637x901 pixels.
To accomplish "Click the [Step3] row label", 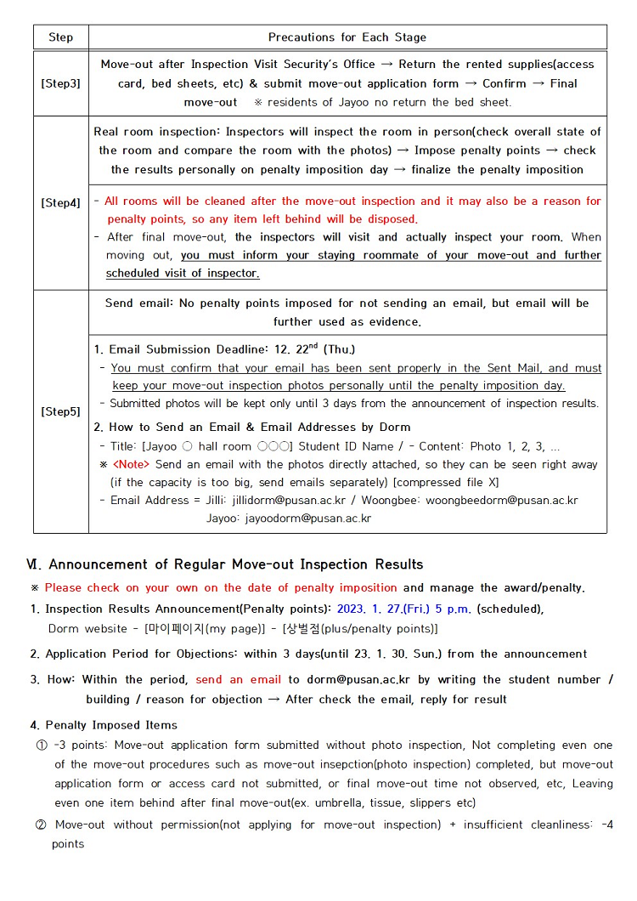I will (x=60, y=83).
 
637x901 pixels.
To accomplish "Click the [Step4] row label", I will (x=60, y=203).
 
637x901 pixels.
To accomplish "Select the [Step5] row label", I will (x=60, y=411).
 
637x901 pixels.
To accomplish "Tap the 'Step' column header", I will (x=60, y=37).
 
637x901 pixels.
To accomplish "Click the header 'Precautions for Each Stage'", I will (x=347, y=37).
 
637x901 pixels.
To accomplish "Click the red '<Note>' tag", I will (x=131, y=465).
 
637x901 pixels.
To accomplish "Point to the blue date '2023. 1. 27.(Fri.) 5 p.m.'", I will (x=404, y=609).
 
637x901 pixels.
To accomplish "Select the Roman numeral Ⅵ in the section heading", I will (x=34, y=564).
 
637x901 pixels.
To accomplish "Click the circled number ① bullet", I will (x=42, y=745).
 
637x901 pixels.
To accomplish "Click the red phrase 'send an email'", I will (x=239, y=680).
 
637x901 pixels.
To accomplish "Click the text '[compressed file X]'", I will (x=446, y=483).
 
